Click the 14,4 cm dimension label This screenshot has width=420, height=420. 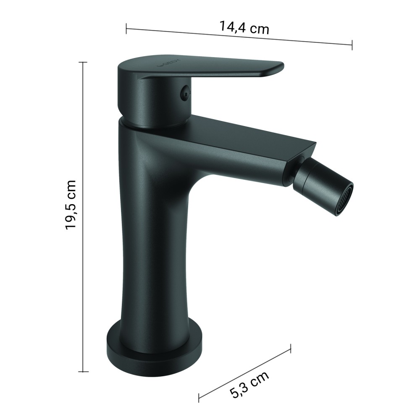244,27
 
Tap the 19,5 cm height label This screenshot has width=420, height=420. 71,205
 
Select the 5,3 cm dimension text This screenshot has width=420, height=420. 249,384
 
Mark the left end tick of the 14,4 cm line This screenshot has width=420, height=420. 126,29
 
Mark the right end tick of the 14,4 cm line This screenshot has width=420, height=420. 352,45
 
